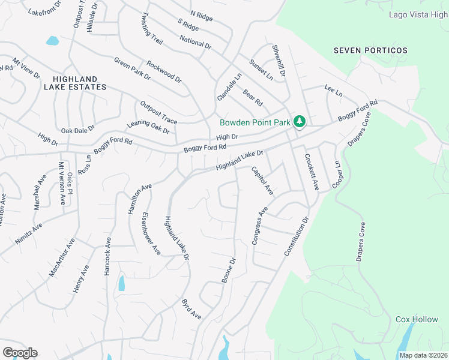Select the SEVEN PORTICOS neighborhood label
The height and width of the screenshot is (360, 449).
370,51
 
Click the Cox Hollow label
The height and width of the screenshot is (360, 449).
417,319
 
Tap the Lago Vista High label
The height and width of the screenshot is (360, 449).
418,14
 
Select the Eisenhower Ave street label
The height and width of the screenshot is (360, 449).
151,233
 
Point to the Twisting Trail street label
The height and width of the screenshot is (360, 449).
153,28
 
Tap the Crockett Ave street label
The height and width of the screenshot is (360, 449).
310,172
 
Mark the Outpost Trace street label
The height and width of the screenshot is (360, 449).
158,112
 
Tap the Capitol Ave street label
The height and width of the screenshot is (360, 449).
262,180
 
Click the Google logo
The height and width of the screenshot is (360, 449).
20,353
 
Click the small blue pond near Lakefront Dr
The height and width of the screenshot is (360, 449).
53,41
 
